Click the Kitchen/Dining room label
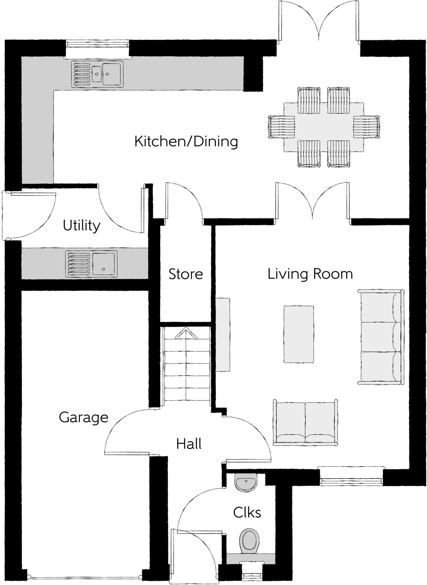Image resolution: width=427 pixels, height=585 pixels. pyautogui.click(x=186, y=142)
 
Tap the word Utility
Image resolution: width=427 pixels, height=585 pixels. pyautogui.click(x=82, y=226)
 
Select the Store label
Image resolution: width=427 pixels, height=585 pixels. pyautogui.click(x=186, y=274)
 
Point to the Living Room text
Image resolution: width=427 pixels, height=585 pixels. pyautogui.click(x=310, y=274)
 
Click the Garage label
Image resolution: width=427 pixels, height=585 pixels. pyautogui.click(x=84, y=417)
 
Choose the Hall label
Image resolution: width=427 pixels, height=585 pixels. pyautogui.click(x=189, y=444)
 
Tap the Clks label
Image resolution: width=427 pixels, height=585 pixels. pyautogui.click(x=247, y=513)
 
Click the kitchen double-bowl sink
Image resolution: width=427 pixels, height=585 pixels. pyautogui.click(x=97, y=74)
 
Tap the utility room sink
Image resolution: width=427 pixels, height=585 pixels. pyautogui.click(x=91, y=264)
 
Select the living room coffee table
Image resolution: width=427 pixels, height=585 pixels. pyautogui.click(x=299, y=334)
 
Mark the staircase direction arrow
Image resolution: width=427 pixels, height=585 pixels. pyautogui.click(x=186, y=333)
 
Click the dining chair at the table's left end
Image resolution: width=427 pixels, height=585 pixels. pyautogui.click(x=281, y=127)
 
